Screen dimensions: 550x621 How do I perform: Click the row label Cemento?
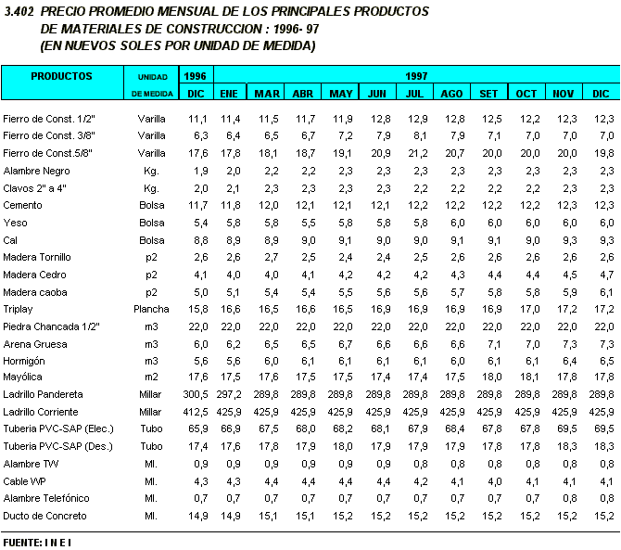(22, 205)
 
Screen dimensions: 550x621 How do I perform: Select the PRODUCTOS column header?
(61, 76)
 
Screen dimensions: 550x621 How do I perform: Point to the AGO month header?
(451, 94)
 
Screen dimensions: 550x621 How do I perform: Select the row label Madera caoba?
(35, 292)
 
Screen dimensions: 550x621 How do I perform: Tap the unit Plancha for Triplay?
(151, 310)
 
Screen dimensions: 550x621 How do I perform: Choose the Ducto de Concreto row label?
(44, 516)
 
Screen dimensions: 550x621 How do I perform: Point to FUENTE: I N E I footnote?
(37, 541)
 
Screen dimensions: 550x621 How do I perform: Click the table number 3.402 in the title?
(19, 12)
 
